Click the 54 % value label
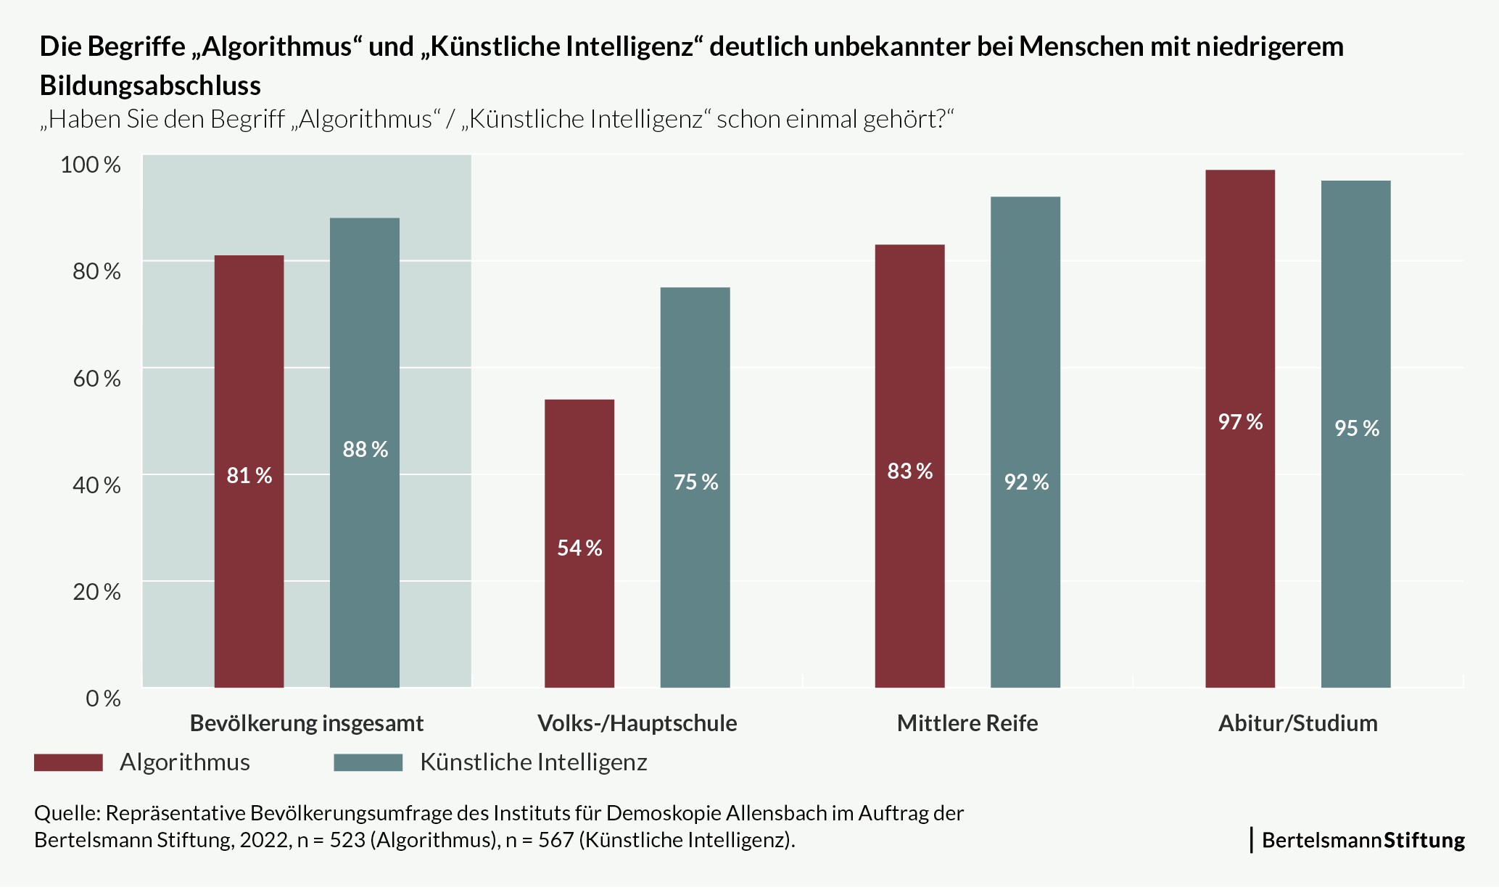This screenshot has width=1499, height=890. tap(579, 548)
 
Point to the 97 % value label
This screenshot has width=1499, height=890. tap(1240, 421)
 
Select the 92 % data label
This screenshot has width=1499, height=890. tap(1026, 482)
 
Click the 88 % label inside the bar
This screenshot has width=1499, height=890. tap(365, 449)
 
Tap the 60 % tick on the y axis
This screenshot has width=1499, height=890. tap(96, 378)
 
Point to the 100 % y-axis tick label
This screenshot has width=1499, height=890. tap(91, 164)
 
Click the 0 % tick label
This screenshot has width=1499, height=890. tap(103, 698)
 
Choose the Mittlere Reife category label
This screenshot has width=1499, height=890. tap(967, 723)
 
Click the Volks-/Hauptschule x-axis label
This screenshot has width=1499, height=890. tap(637, 723)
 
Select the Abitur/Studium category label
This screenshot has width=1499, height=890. tap(1297, 723)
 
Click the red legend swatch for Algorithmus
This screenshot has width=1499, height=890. tap(68, 762)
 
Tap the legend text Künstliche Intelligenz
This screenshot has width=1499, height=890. tap(533, 762)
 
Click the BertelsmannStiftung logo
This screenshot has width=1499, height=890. tap(1362, 840)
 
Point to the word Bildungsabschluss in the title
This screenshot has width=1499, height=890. tap(150, 86)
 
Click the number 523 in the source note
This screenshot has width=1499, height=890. tap(347, 840)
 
